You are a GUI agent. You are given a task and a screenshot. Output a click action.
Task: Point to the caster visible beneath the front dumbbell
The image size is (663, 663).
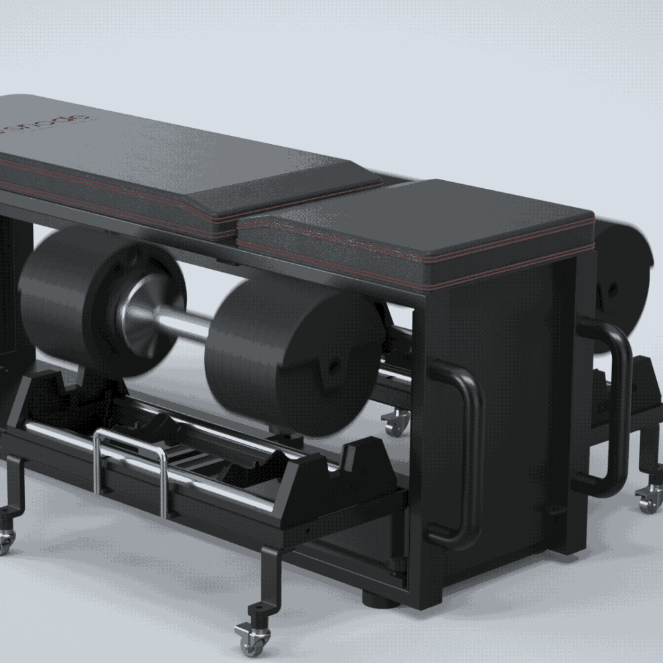pyautogui.click(x=395, y=423)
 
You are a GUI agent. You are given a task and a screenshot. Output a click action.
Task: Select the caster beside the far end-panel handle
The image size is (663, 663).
pyautogui.click(x=648, y=499)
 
